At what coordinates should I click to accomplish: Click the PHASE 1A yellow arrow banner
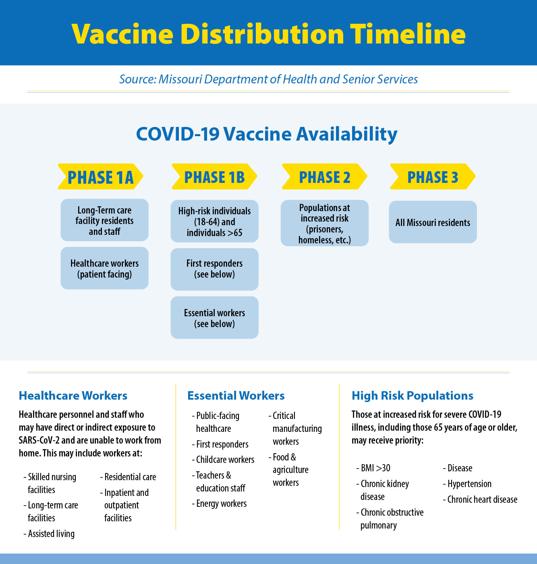point(100,177)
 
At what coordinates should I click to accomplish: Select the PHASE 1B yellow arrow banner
point(214,177)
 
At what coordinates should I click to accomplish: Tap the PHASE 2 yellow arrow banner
point(324,177)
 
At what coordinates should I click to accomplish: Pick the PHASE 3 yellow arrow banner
point(433,177)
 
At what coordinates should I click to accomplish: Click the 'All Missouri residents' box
point(433,222)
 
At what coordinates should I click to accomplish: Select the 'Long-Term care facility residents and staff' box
point(104,220)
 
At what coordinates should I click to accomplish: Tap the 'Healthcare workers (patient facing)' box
point(104,268)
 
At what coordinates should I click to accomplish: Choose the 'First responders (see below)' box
point(214,269)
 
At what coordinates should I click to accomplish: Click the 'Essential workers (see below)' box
point(214,318)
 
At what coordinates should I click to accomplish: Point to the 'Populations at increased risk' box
point(324,224)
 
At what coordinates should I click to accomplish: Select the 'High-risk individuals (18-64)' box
point(214,222)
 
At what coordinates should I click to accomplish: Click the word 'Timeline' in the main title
point(408,34)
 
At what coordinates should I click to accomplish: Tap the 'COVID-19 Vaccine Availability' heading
point(267,134)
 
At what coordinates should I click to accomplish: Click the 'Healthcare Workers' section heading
point(73,396)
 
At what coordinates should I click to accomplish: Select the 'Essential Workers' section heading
point(236,396)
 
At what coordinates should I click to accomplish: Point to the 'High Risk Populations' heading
point(412,396)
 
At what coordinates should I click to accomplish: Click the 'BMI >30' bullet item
point(375,468)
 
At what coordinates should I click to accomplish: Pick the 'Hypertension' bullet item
point(469,484)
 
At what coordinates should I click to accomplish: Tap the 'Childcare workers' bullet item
point(225,460)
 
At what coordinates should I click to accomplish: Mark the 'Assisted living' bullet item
point(51,534)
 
